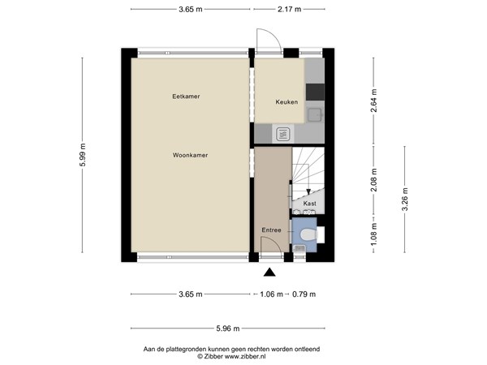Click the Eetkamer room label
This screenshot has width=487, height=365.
pyautogui.click(x=186, y=97)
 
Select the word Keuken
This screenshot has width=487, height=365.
pyautogui.click(x=286, y=102)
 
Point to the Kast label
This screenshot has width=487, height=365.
pyautogui.click(x=309, y=204)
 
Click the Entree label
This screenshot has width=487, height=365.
pyautogui.click(x=271, y=230)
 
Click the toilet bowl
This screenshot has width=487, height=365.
pyautogui.click(x=306, y=234)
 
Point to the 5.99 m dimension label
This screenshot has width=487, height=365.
pyautogui.click(x=83, y=155)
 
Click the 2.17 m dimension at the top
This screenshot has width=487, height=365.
pyautogui.click(x=289, y=10)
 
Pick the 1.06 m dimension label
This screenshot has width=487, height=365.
pyautogui.click(x=273, y=294)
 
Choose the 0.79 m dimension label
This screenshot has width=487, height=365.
pyautogui.click(x=304, y=294)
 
